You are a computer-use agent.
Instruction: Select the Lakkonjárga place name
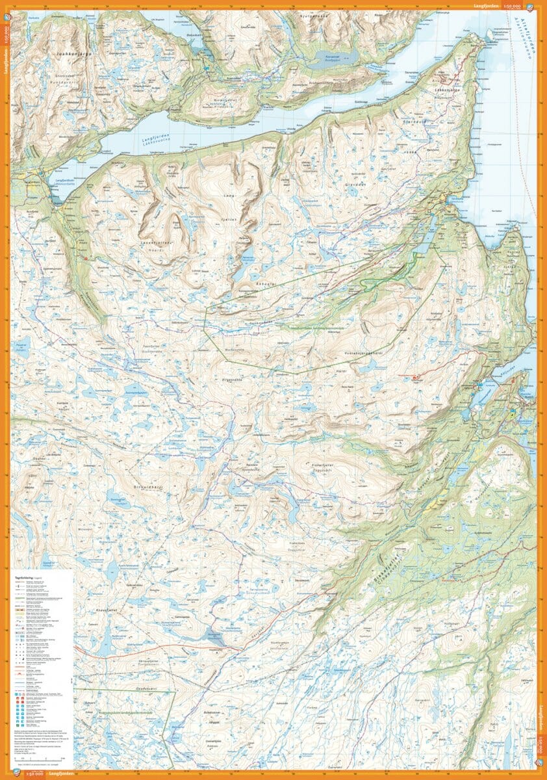tap(451, 92)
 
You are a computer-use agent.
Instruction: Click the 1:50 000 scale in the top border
tap(513, 6)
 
